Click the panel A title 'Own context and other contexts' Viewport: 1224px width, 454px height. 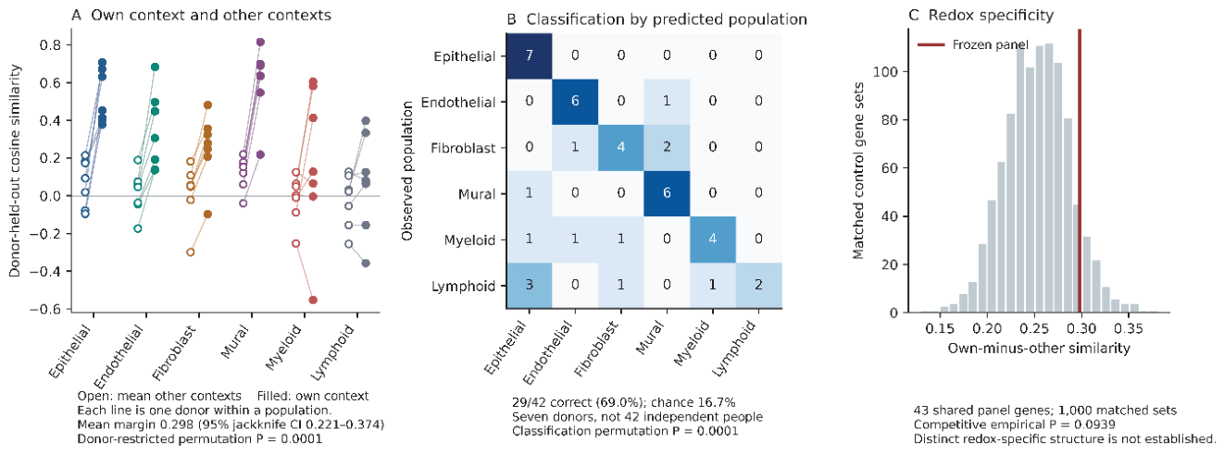point(211,15)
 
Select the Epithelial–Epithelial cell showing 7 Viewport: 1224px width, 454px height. point(529,56)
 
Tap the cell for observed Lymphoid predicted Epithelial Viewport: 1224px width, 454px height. point(529,286)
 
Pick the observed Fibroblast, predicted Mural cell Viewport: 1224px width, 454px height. point(667,148)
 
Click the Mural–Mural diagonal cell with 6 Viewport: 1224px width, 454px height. point(667,194)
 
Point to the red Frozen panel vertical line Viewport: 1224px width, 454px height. point(1080,171)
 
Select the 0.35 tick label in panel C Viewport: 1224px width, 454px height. point(1129,328)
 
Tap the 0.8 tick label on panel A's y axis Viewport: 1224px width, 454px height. point(50,44)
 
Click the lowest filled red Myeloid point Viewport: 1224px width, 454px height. point(313,301)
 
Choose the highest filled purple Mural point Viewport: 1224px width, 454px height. point(260,42)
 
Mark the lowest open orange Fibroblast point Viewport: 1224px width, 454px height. point(190,252)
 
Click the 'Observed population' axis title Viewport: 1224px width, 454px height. point(407,171)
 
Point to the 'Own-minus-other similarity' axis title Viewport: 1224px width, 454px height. point(1038,349)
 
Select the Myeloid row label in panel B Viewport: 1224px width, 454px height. point(469,240)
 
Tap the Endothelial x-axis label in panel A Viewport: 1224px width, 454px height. point(119,355)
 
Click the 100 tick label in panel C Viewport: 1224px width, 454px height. point(884,72)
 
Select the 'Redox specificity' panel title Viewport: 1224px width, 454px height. point(991,16)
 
